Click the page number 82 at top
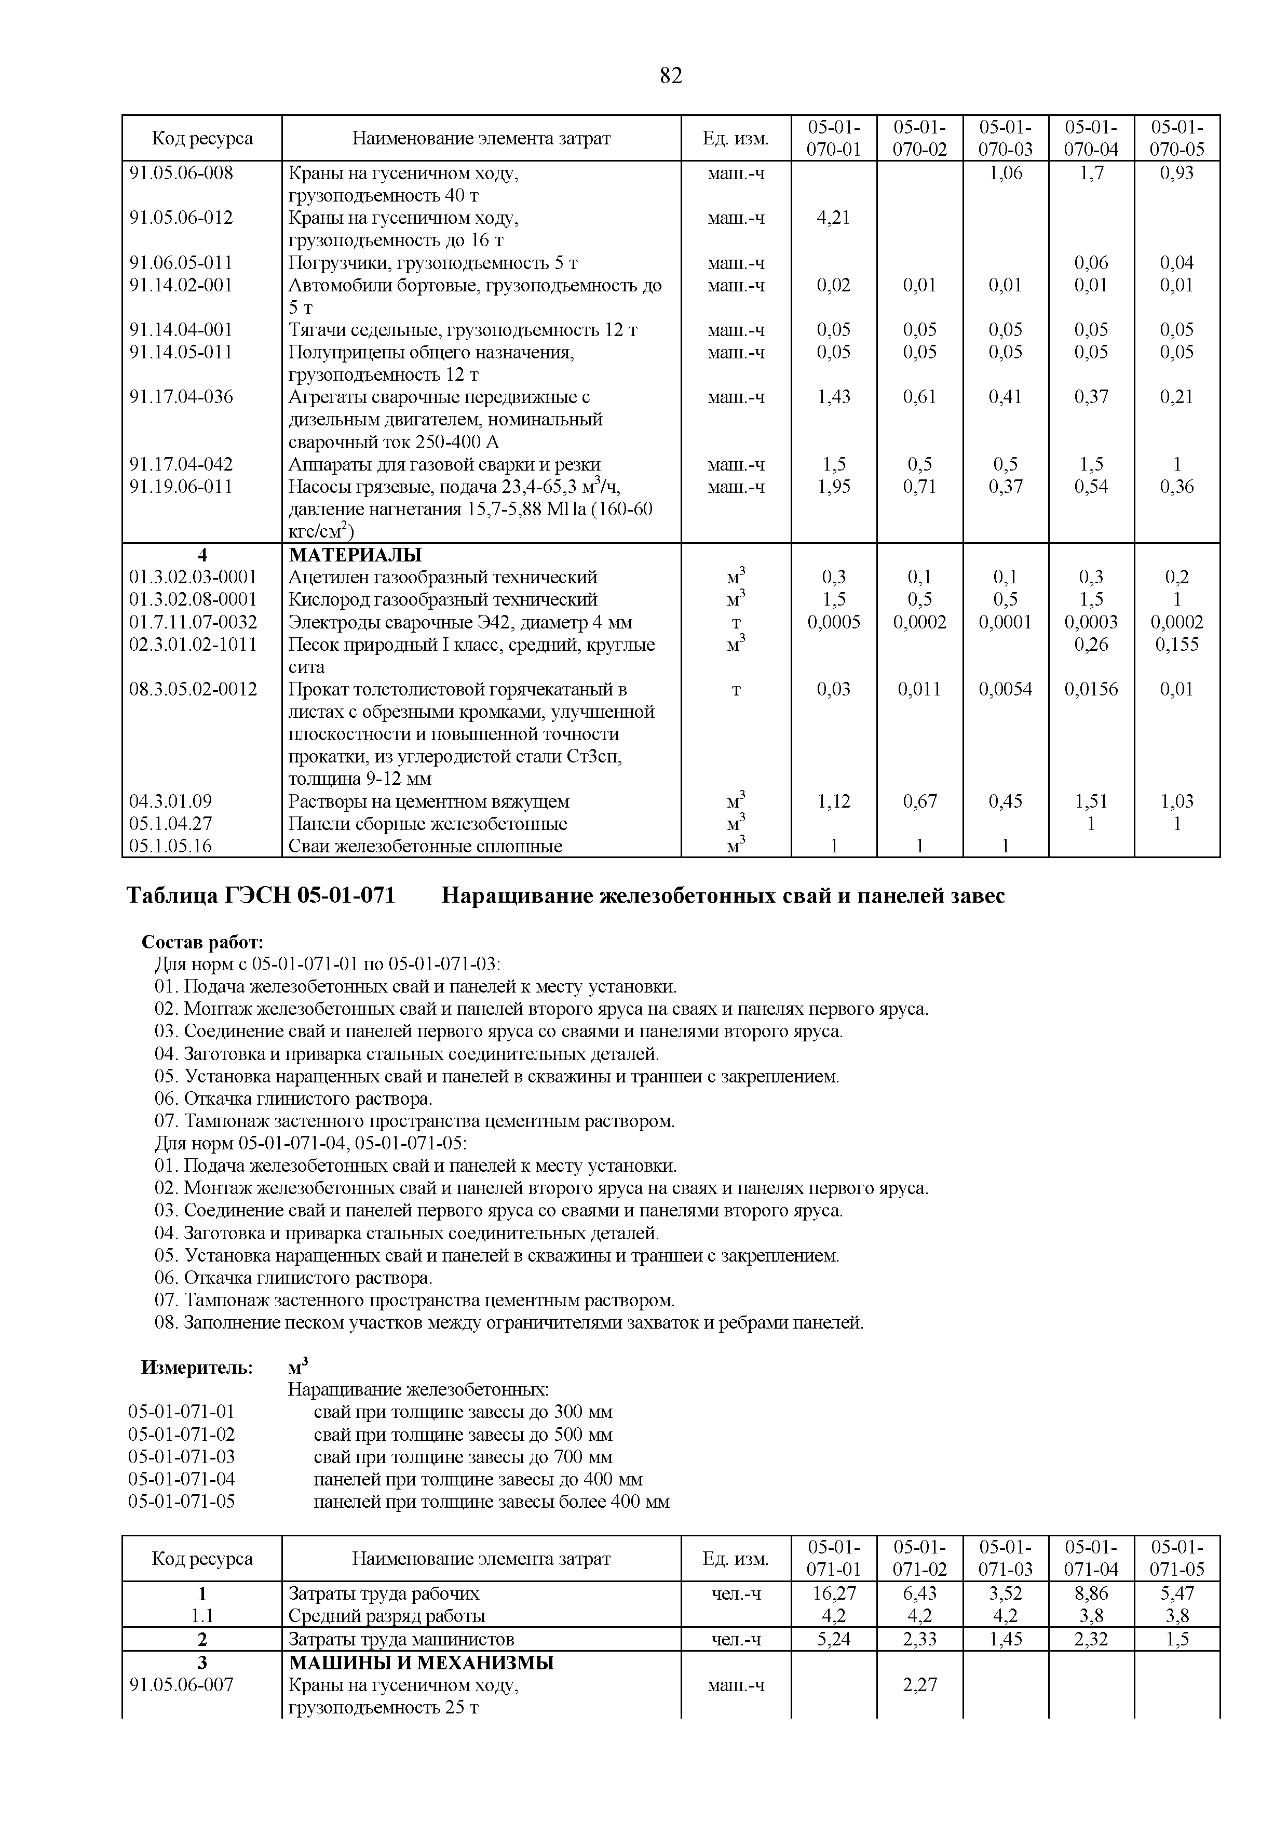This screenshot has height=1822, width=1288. click(x=670, y=76)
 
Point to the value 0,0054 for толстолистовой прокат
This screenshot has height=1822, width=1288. click(x=1005, y=689)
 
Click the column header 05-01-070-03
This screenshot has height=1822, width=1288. click(x=1005, y=138)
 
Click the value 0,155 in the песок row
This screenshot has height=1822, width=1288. click(x=1176, y=645)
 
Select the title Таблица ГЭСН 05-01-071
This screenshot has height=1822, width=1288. click(x=261, y=896)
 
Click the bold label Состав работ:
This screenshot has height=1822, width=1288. click(x=202, y=942)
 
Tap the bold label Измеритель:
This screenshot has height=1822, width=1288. click(x=197, y=1368)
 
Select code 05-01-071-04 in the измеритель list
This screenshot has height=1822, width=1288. click(x=182, y=1478)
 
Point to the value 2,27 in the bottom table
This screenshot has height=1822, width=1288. click(x=919, y=1684)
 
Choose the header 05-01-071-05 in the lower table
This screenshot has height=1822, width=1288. click(x=1176, y=1558)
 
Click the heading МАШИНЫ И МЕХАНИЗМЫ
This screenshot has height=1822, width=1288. click(x=421, y=1662)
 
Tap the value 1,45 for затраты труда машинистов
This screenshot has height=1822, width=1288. click(x=1005, y=1639)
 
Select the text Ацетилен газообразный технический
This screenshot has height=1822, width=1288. click(x=442, y=577)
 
